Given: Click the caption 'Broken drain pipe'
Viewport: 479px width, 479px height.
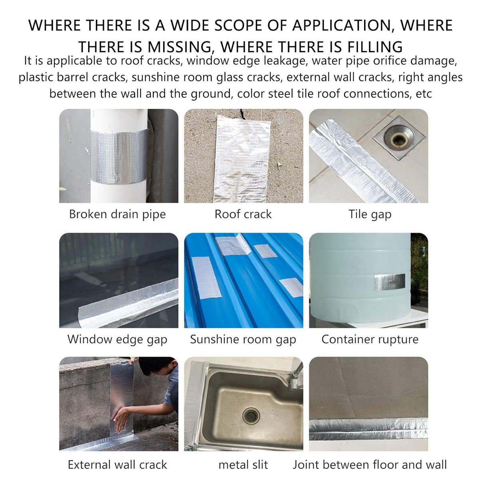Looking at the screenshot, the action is click(x=117, y=214).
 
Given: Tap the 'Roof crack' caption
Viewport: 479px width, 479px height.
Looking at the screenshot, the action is click(x=243, y=214).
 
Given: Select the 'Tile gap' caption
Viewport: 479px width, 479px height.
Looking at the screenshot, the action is click(x=370, y=214).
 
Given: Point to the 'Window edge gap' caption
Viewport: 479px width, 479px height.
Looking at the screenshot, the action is click(x=117, y=339).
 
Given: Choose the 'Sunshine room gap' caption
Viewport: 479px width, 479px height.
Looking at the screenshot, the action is click(x=243, y=339).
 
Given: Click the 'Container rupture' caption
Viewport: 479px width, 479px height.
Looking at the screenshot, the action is click(x=370, y=339).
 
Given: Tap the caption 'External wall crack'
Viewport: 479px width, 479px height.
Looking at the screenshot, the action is click(x=117, y=464).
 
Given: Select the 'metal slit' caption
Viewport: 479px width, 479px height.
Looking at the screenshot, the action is click(x=243, y=465).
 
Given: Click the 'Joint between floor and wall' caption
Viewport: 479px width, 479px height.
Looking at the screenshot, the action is click(x=370, y=464).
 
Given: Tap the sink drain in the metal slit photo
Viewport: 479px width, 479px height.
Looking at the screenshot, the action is click(x=251, y=416).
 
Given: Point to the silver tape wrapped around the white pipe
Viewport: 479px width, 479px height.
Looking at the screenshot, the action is click(x=119, y=156).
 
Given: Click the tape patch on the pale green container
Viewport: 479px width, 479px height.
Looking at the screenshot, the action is click(x=390, y=282).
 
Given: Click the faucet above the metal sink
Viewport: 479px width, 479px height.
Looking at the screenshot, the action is click(x=295, y=378).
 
